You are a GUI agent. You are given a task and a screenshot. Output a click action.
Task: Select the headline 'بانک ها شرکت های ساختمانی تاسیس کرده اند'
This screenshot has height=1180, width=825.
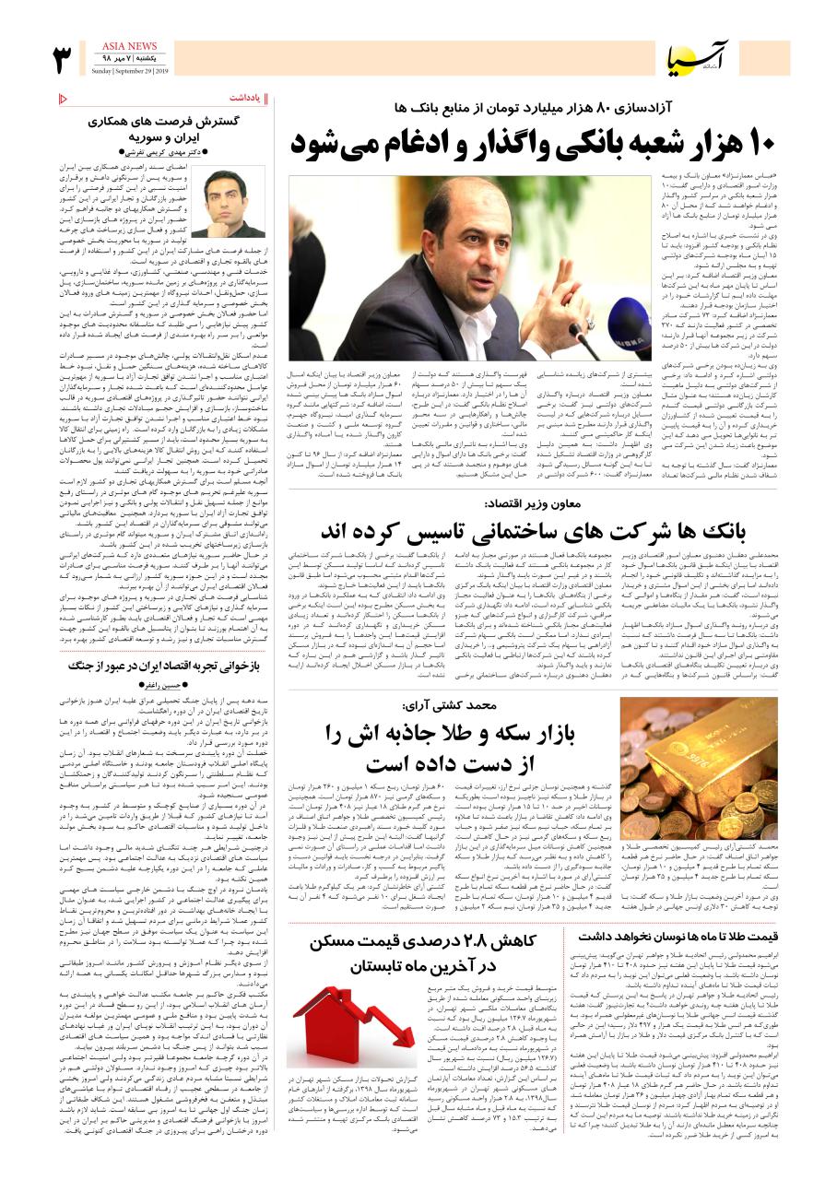[532, 532]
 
